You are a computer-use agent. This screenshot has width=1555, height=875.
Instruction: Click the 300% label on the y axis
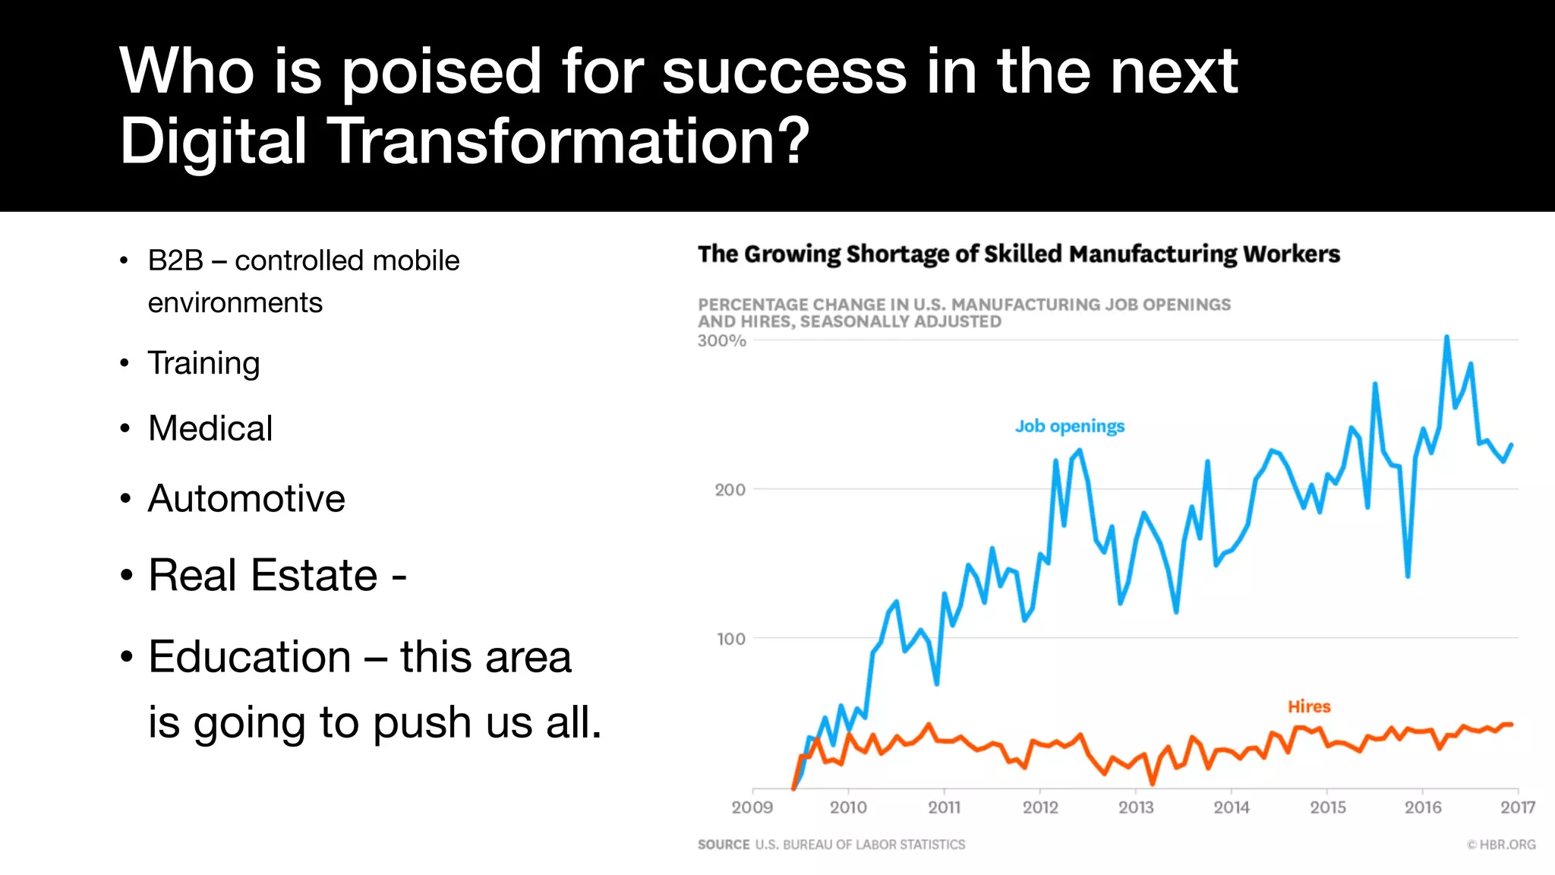pyautogui.click(x=721, y=341)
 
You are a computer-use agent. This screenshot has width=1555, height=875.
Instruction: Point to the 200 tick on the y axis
pyautogui.click(x=730, y=490)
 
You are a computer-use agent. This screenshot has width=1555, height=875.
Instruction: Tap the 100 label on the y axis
pyautogui.click(x=730, y=640)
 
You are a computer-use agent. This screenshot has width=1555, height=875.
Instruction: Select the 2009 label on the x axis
pyautogui.click(x=752, y=807)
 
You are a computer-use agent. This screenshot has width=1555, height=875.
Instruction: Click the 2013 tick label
pyautogui.click(x=1135, y=807)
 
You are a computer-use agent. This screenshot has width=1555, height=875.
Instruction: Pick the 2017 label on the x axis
pyautogui.click(x=1517, y=807)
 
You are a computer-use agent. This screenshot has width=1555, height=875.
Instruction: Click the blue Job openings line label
pyautogui.click(x=1069, y=426)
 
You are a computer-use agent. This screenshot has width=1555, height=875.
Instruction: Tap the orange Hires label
pyautogui.click(x=1308, y=706)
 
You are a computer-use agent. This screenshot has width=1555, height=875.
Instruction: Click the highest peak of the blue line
pyautogui.click(x=1446, y=337)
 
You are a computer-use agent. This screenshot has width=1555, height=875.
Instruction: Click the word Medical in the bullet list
pyautogui.click(x=210, y=428)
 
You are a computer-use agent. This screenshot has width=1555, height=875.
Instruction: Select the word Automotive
pyautogui.click(x=246, y=499)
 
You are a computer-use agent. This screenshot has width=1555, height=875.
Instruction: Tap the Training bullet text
pyautogui.click(x=203, y=363)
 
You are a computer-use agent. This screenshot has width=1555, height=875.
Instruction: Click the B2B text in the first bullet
pyautogui.click(x=175, y=261)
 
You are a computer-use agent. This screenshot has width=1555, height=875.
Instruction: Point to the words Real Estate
pyautogui.click(x=263, y=575)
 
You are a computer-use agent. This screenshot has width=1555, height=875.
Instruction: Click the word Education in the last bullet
pyautogui.click(x=249, y=657)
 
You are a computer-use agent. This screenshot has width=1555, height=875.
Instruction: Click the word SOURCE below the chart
pyautogui.click(x=723, y=845)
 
